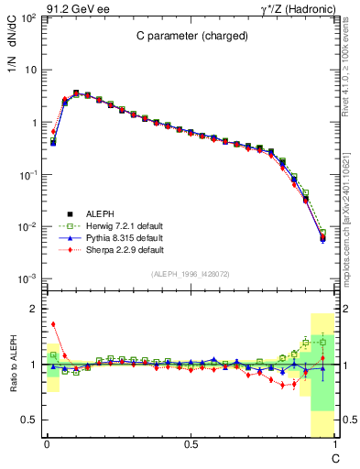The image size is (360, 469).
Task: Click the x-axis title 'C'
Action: (x=334, y=457)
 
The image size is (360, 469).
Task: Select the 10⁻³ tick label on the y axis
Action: (x=28, y=278)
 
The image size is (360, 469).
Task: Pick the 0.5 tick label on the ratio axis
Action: (x=31, y=420)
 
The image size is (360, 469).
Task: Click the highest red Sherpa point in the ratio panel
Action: (x=53, y=324)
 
